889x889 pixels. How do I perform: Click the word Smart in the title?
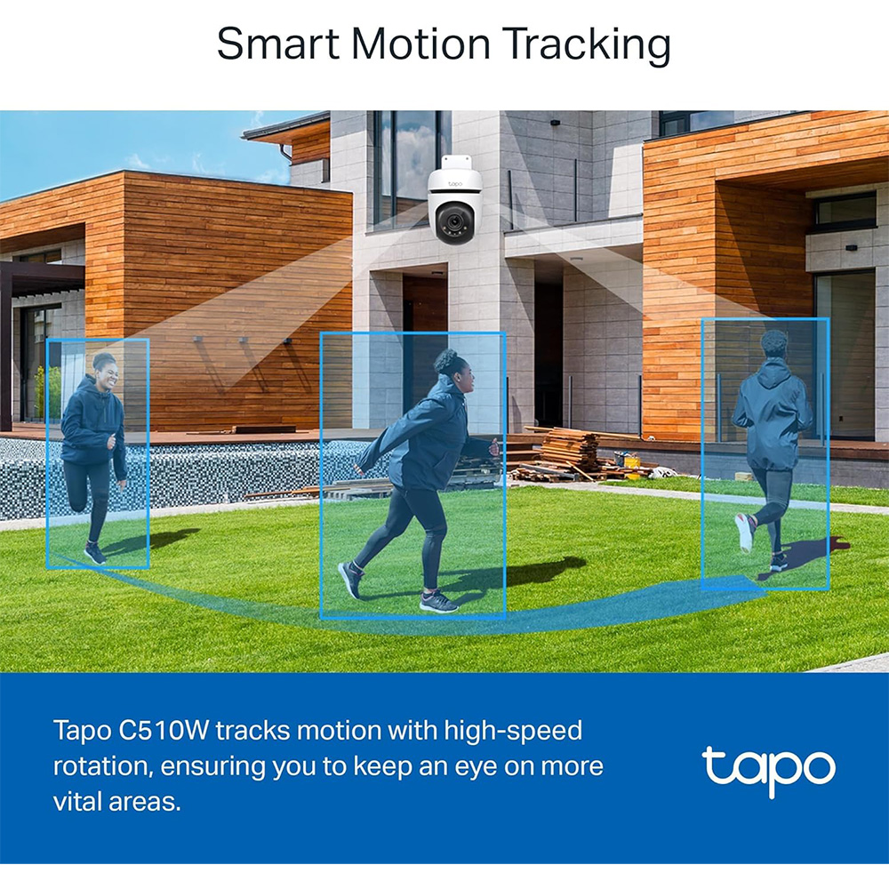[x=277, y=44]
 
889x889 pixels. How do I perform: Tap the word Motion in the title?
[x=420, y=44]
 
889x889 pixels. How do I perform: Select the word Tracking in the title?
[x=587, y=45]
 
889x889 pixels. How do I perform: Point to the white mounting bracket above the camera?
[x=456, y=163]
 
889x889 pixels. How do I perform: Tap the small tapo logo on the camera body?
[x=455, y=184]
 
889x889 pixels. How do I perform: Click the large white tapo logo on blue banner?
[x=768, y=770]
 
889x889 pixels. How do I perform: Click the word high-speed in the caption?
[x=513, y=732]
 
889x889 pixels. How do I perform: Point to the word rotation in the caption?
[x=103, y=766]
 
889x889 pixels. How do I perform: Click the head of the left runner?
[x=106, y=369]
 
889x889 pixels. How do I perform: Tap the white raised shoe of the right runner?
[x=745, y=533]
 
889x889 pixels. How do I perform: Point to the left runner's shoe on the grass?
[x=95, y=553]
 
